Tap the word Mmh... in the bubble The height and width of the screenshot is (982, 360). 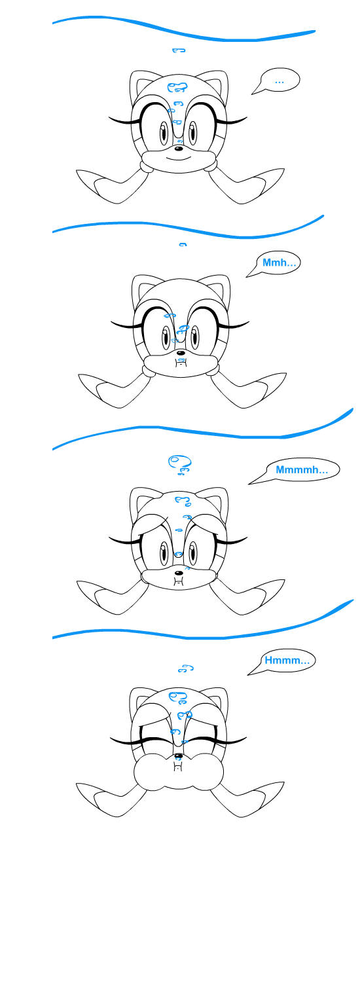tap(279, 263)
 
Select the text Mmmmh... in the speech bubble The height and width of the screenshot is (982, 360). tap(302, 470)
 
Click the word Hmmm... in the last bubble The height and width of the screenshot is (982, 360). tap(287, 660)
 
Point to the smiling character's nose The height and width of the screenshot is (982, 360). tap(179, 149)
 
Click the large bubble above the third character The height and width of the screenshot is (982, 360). tap(175, 462)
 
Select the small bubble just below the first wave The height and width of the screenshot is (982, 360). tap(179, 50)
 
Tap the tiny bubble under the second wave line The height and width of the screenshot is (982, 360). tap(183, 245)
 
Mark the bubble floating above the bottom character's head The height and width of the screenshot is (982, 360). tap(186, 669)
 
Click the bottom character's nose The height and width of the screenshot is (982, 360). tap(178, 755)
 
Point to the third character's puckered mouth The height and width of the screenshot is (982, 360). tap(177, 581)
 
